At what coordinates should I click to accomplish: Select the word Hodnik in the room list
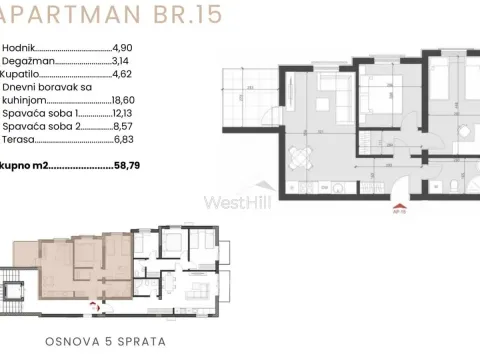18,47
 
